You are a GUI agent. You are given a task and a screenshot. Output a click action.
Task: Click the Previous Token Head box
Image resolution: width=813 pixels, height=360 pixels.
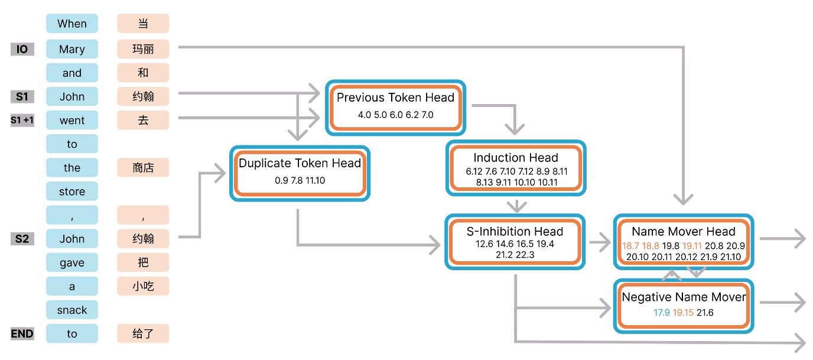tap(395, 105)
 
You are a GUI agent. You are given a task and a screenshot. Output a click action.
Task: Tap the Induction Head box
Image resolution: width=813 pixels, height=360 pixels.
tap(515, 168)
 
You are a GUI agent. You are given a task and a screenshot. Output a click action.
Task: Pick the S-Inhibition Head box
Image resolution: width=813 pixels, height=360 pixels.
tap(515, 242)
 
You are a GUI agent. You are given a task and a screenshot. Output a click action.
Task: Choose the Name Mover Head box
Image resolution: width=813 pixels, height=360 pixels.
tap(683, 242)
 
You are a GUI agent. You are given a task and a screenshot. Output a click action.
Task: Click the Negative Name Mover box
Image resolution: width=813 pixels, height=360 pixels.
tap(683, 304)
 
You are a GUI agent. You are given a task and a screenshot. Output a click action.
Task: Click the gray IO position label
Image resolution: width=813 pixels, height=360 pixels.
tap(22, 50)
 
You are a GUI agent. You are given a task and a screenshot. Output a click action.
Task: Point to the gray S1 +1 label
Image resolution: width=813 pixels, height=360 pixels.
tap(22, 121)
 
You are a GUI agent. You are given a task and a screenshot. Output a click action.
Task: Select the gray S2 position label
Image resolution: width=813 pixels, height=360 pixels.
tap(22, 239)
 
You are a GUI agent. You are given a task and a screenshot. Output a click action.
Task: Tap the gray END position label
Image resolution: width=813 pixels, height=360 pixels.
tap(22, 334)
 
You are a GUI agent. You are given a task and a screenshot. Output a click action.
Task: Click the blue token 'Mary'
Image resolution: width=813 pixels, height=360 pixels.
tap(72, 50)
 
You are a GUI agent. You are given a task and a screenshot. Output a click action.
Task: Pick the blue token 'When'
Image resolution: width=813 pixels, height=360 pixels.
tap(72, 24)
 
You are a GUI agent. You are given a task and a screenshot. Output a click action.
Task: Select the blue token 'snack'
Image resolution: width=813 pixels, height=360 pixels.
tap(72, 310)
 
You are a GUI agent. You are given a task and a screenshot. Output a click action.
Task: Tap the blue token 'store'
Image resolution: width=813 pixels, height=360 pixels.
tap(72, 192)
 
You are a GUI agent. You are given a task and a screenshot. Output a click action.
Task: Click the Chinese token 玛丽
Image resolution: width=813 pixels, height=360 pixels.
tap(143, 50)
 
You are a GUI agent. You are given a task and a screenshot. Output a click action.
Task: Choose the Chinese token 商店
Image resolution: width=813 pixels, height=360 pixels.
tap(143, 168)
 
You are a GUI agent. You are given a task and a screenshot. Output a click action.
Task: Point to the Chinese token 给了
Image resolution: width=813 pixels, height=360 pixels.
tap(143, 334)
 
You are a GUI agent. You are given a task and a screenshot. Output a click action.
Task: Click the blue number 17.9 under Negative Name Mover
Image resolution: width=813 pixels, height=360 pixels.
tap(661, 313)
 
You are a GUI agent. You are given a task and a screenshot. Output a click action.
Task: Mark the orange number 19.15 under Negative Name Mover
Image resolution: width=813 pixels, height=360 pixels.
tap(683, 313)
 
